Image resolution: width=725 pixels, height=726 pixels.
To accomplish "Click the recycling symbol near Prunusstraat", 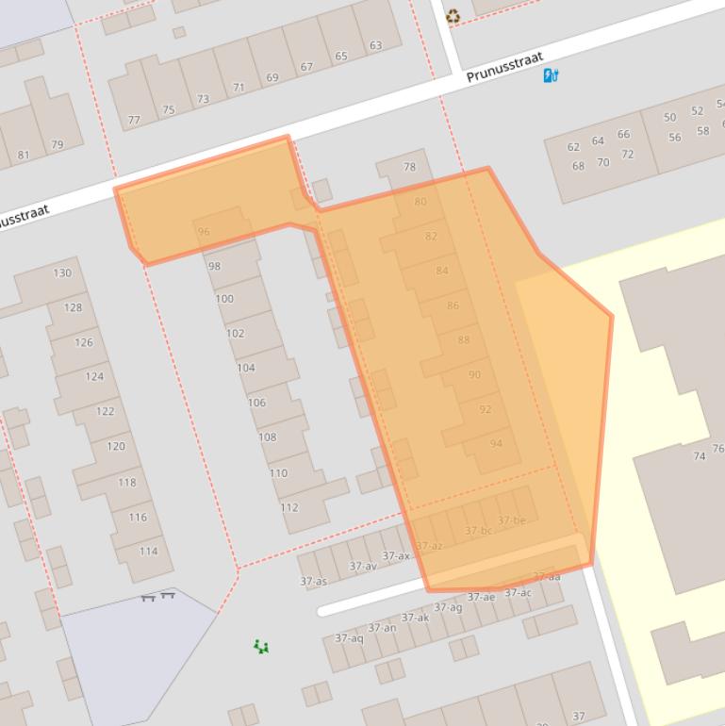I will point(453,15).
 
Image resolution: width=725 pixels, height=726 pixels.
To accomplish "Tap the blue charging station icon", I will point(552,75).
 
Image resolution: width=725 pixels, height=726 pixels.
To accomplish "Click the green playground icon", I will point(261,646).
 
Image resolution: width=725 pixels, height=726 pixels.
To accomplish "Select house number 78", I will point(409,167).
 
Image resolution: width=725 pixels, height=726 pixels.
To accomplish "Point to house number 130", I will point(62,273).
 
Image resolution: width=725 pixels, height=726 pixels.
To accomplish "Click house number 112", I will point(289,507).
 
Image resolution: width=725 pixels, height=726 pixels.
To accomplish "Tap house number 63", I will point(376,45).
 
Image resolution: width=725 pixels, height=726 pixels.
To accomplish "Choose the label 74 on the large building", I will point(700,456).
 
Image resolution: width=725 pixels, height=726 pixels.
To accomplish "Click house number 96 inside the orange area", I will point(204,231).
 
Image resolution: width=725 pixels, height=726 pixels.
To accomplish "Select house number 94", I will point(496,443).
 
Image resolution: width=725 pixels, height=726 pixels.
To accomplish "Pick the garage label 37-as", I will point(314,582).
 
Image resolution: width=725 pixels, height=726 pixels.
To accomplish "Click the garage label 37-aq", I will point(349,638).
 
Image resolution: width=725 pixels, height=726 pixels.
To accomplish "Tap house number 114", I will point(148,552).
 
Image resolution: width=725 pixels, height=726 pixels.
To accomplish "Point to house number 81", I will point(24,156).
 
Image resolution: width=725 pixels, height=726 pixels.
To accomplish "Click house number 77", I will point(134,121).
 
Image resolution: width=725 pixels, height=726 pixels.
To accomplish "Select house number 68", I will point(578,167).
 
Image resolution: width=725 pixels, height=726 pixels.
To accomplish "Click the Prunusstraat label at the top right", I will point(505,67).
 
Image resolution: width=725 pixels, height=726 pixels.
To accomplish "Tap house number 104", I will point(246,368).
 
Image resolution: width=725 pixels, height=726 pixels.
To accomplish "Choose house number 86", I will point(453,305).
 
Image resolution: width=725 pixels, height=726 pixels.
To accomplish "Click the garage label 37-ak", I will point(415,618).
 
